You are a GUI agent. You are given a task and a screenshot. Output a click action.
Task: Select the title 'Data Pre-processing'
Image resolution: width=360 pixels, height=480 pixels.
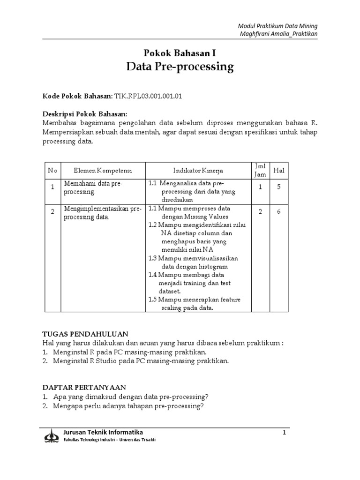coord(180,67)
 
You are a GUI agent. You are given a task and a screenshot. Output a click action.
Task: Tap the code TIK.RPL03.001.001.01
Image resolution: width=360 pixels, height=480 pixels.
coord(148,96)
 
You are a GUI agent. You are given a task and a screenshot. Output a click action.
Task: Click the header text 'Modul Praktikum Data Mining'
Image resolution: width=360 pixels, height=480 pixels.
coord(278,26)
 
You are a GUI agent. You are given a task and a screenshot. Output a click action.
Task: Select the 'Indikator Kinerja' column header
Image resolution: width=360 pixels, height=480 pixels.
coord(198,171)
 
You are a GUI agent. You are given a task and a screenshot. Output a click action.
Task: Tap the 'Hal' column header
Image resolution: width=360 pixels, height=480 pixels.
coord(279,171)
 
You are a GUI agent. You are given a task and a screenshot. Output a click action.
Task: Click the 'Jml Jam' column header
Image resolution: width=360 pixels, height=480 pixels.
coord(260,170)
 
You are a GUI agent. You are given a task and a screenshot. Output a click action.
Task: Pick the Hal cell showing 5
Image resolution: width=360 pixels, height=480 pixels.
coord(278,187)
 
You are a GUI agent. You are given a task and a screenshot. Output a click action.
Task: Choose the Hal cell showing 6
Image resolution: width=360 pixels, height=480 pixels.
coord(278,212)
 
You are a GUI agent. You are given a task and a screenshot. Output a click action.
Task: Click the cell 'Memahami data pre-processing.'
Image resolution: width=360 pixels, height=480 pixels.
coord(93,187)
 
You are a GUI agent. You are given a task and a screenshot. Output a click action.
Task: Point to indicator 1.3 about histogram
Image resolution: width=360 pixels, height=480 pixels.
coord(193,262)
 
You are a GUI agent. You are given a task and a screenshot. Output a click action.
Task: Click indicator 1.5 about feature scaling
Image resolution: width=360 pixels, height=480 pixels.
coord(193,303)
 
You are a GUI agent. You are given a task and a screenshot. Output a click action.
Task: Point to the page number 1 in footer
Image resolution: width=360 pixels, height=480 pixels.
coord(284,432)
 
